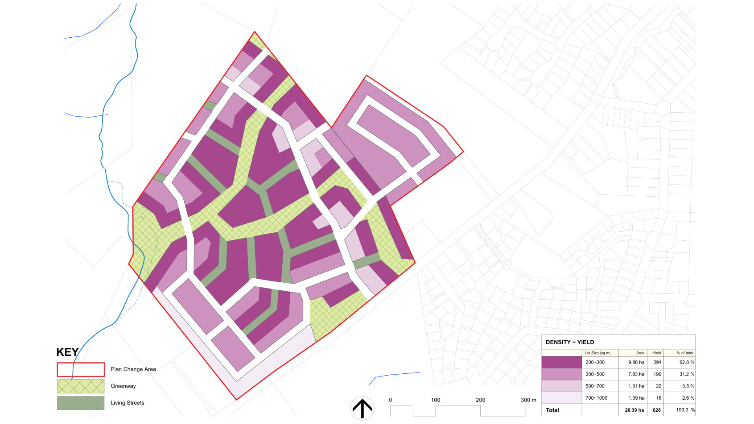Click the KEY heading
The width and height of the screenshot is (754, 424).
pyautogui.click(x=68, y=352)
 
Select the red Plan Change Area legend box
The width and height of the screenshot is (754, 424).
pyautogui.click(x=81, y=369)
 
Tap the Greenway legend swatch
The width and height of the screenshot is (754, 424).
pyautogui.click(x=81, y=386)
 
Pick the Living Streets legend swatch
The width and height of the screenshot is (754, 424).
pyautogui.click(x=81, y=403)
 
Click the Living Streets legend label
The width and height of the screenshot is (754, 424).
pyautogui.click(x=127, y=403)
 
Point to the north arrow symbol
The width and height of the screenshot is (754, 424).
pyautogui.click(x=362, y=408)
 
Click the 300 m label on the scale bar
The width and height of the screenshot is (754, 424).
pyautogui.click(x=528, y=400)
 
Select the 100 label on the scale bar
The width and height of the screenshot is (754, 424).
pyautogui.click(x=436, y=400)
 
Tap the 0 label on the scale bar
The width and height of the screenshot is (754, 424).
pyautogui.click(x=390, y=400)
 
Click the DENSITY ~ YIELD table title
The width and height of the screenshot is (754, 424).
pyautogui.click(x=570, y=342)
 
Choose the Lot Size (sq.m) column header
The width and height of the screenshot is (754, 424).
pyautogui.click(x=598, y=353)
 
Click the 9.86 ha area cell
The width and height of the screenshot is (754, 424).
pyautogui.click(x=636, y=362)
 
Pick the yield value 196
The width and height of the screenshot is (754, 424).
pyautogui.click(x=657, y=374)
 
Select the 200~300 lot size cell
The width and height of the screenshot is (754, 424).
pyautogui.click(x=595, y=362)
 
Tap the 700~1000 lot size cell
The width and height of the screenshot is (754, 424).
pyautogui.click(x=596, y=398)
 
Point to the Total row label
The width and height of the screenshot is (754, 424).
pyautogui.click(x=552, y=410)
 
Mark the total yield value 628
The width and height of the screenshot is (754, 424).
pyautogui.click(x=657, y=410)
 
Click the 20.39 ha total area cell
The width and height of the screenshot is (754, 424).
pyautogui.click(x=634, y=410)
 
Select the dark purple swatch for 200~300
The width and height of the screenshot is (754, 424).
pyautogui.click(x=562, y=362)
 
